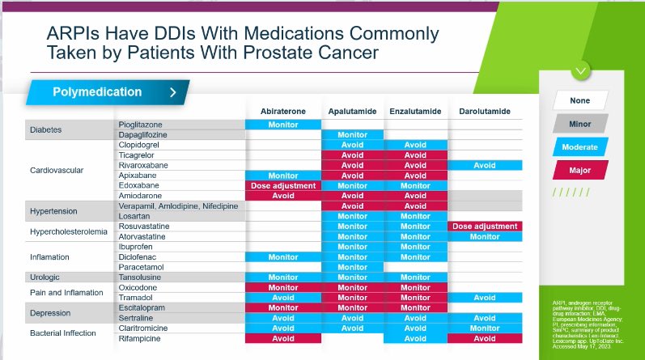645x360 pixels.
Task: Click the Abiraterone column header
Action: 283,111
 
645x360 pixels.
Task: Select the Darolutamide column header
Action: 484,111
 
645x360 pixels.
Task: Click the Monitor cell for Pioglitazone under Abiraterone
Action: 283,125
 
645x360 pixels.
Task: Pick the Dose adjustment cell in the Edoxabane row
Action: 283,185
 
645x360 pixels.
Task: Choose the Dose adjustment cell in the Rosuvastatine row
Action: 484,227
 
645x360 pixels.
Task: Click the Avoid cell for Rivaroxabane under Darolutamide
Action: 484,165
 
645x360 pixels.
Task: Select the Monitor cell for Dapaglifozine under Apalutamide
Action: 352,135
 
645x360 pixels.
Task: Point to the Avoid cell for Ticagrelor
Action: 352,155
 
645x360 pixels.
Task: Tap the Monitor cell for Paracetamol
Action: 352,267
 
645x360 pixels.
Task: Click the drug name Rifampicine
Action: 141,338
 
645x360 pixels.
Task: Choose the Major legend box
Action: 580,171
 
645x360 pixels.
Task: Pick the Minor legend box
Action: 580,124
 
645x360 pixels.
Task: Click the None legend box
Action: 580,101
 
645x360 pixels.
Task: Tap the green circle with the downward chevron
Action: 581,70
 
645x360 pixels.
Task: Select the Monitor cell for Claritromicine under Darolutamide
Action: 484,328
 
